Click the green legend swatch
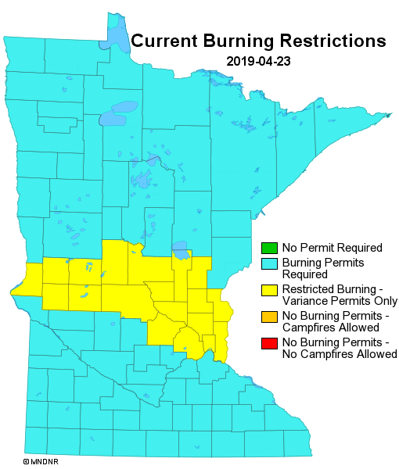[268, 248]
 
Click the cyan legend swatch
[268, 263]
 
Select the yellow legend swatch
[268, 291]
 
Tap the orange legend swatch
[268, 317]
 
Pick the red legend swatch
[268, 343]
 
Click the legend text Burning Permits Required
[311, 268]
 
